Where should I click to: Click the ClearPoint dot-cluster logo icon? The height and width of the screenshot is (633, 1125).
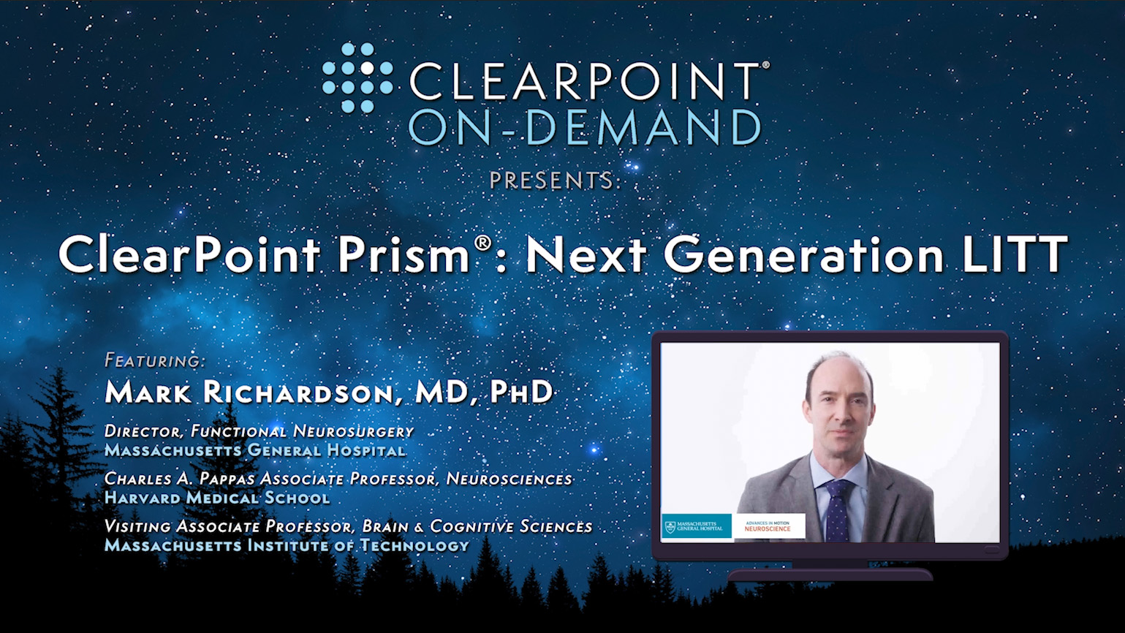(x=357, y=78)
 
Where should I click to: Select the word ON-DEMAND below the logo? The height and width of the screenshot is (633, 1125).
(x=585, y=128)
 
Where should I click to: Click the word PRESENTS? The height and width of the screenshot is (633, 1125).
(x=551, y=181)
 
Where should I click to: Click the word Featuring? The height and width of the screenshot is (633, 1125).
(x=155, y=360)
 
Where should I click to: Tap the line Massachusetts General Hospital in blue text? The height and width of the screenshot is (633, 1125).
(x=254, y=450)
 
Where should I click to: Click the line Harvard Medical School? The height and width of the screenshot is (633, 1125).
(x=217, y=498)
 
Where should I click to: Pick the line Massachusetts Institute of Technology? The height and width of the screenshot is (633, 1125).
(x=287, y=545)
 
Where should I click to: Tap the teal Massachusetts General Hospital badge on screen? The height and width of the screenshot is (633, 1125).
(x=697, y=526)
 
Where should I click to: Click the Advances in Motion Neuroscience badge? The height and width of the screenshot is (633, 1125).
(x=768, y=526)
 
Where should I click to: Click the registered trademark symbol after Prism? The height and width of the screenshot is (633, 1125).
(x=482, y=243)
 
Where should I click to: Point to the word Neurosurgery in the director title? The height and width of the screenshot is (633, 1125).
(x=354, y=431)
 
